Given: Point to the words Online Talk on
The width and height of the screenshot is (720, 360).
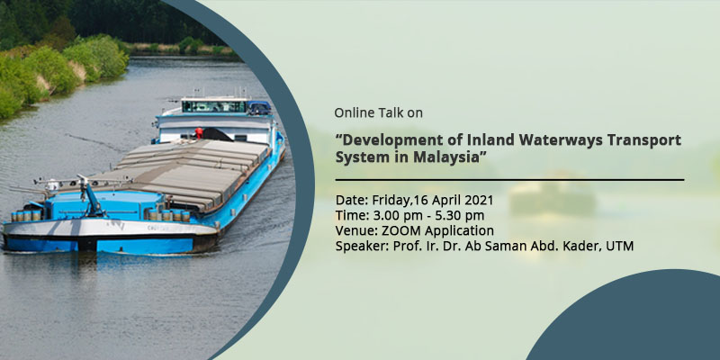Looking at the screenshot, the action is pyautogui.click(x=378, y=112).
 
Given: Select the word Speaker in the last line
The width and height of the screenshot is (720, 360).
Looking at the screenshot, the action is pyautogui.click(x=363, y=247).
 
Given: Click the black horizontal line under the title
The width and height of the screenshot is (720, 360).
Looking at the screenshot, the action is pyautogui.click(x=509, y=179).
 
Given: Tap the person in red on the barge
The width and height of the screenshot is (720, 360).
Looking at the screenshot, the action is pyautogui.click(x=198, y=133).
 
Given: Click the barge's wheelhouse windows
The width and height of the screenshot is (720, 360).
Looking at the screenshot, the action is pyautogui.click(x=214, y=106).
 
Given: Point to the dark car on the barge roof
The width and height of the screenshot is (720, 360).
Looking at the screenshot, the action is pyautogui.click(x=259, y=108).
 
